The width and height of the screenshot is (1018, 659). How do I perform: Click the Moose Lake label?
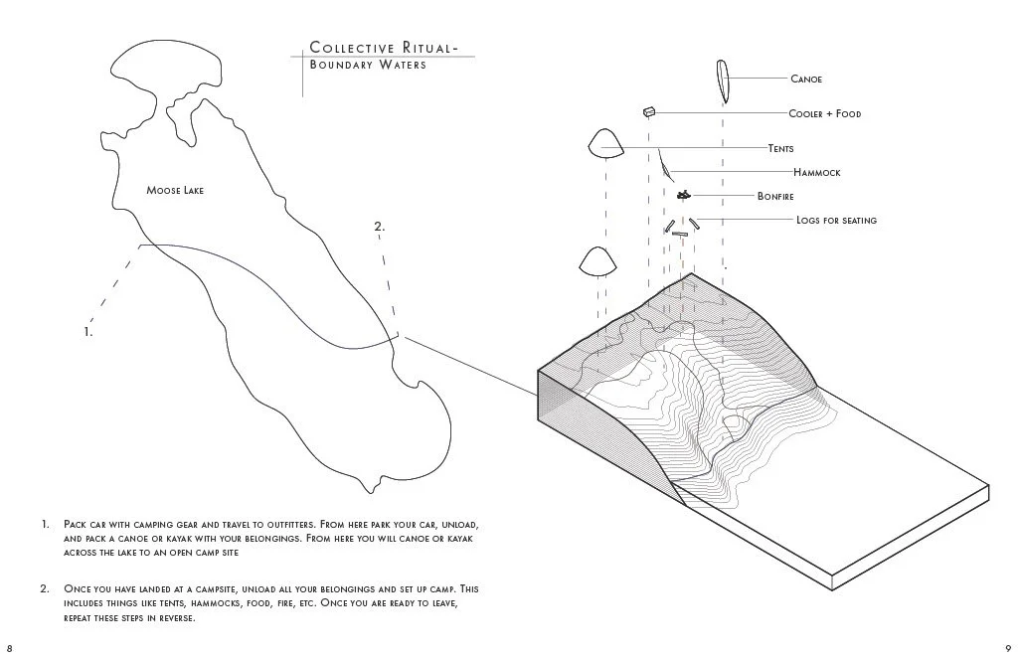(175, 190)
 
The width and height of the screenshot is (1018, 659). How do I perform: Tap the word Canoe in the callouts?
(806, 79)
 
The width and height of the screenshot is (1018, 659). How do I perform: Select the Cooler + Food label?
(824, 114)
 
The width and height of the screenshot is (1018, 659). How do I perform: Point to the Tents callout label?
(780, 149)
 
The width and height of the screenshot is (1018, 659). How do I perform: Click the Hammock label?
(816, 173)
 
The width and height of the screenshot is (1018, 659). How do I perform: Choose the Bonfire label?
(774, 197)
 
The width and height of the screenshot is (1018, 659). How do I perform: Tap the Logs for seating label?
(836, 221)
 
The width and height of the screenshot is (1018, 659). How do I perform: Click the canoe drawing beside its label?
(721, 82)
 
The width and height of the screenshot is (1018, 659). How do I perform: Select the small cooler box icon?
(649, 112)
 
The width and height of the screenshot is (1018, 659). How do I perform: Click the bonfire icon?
(683, 195)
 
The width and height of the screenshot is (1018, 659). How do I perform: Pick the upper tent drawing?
(605, 144)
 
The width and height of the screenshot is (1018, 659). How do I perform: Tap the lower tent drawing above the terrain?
(598, 261)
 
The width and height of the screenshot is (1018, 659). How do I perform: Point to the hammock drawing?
(662, 162)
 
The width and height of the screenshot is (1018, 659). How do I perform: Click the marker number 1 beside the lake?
(88, 332)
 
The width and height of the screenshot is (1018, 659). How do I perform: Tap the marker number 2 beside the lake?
(379, 228)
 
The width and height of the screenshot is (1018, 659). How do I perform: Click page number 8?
(9, 647)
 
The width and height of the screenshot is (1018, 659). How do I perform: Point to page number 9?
(1008, 647)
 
